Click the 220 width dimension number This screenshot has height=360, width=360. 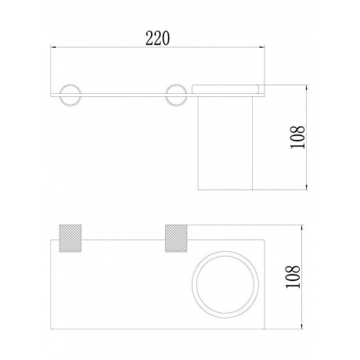(157, 38)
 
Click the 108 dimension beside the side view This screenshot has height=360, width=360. (297, 138)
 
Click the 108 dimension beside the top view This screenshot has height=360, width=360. (293, 276)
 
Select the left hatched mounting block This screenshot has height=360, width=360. (70, 238)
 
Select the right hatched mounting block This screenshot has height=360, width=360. (176, 238)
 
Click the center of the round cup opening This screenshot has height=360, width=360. (225, 284)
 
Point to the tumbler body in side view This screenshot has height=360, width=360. (225, 143)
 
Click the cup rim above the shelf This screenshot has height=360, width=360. (225, 89)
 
